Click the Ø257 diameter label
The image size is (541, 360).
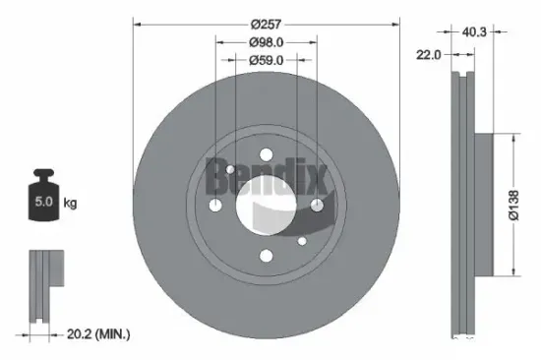click(266, 23)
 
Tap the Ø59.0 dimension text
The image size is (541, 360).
click(266, 60)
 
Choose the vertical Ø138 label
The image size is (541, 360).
click(528, 204)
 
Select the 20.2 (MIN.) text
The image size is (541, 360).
click(94, 335)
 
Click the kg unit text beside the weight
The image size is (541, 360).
click(71, 204)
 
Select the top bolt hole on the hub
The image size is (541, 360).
click(266, 153)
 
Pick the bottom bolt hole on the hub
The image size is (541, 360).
click(266, 255)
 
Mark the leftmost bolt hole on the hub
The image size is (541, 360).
click(215, 204)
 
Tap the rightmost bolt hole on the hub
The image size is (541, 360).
click(317, 204)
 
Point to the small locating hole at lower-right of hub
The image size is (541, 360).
click(300, 238)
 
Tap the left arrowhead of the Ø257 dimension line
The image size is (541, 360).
click(136, 24)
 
